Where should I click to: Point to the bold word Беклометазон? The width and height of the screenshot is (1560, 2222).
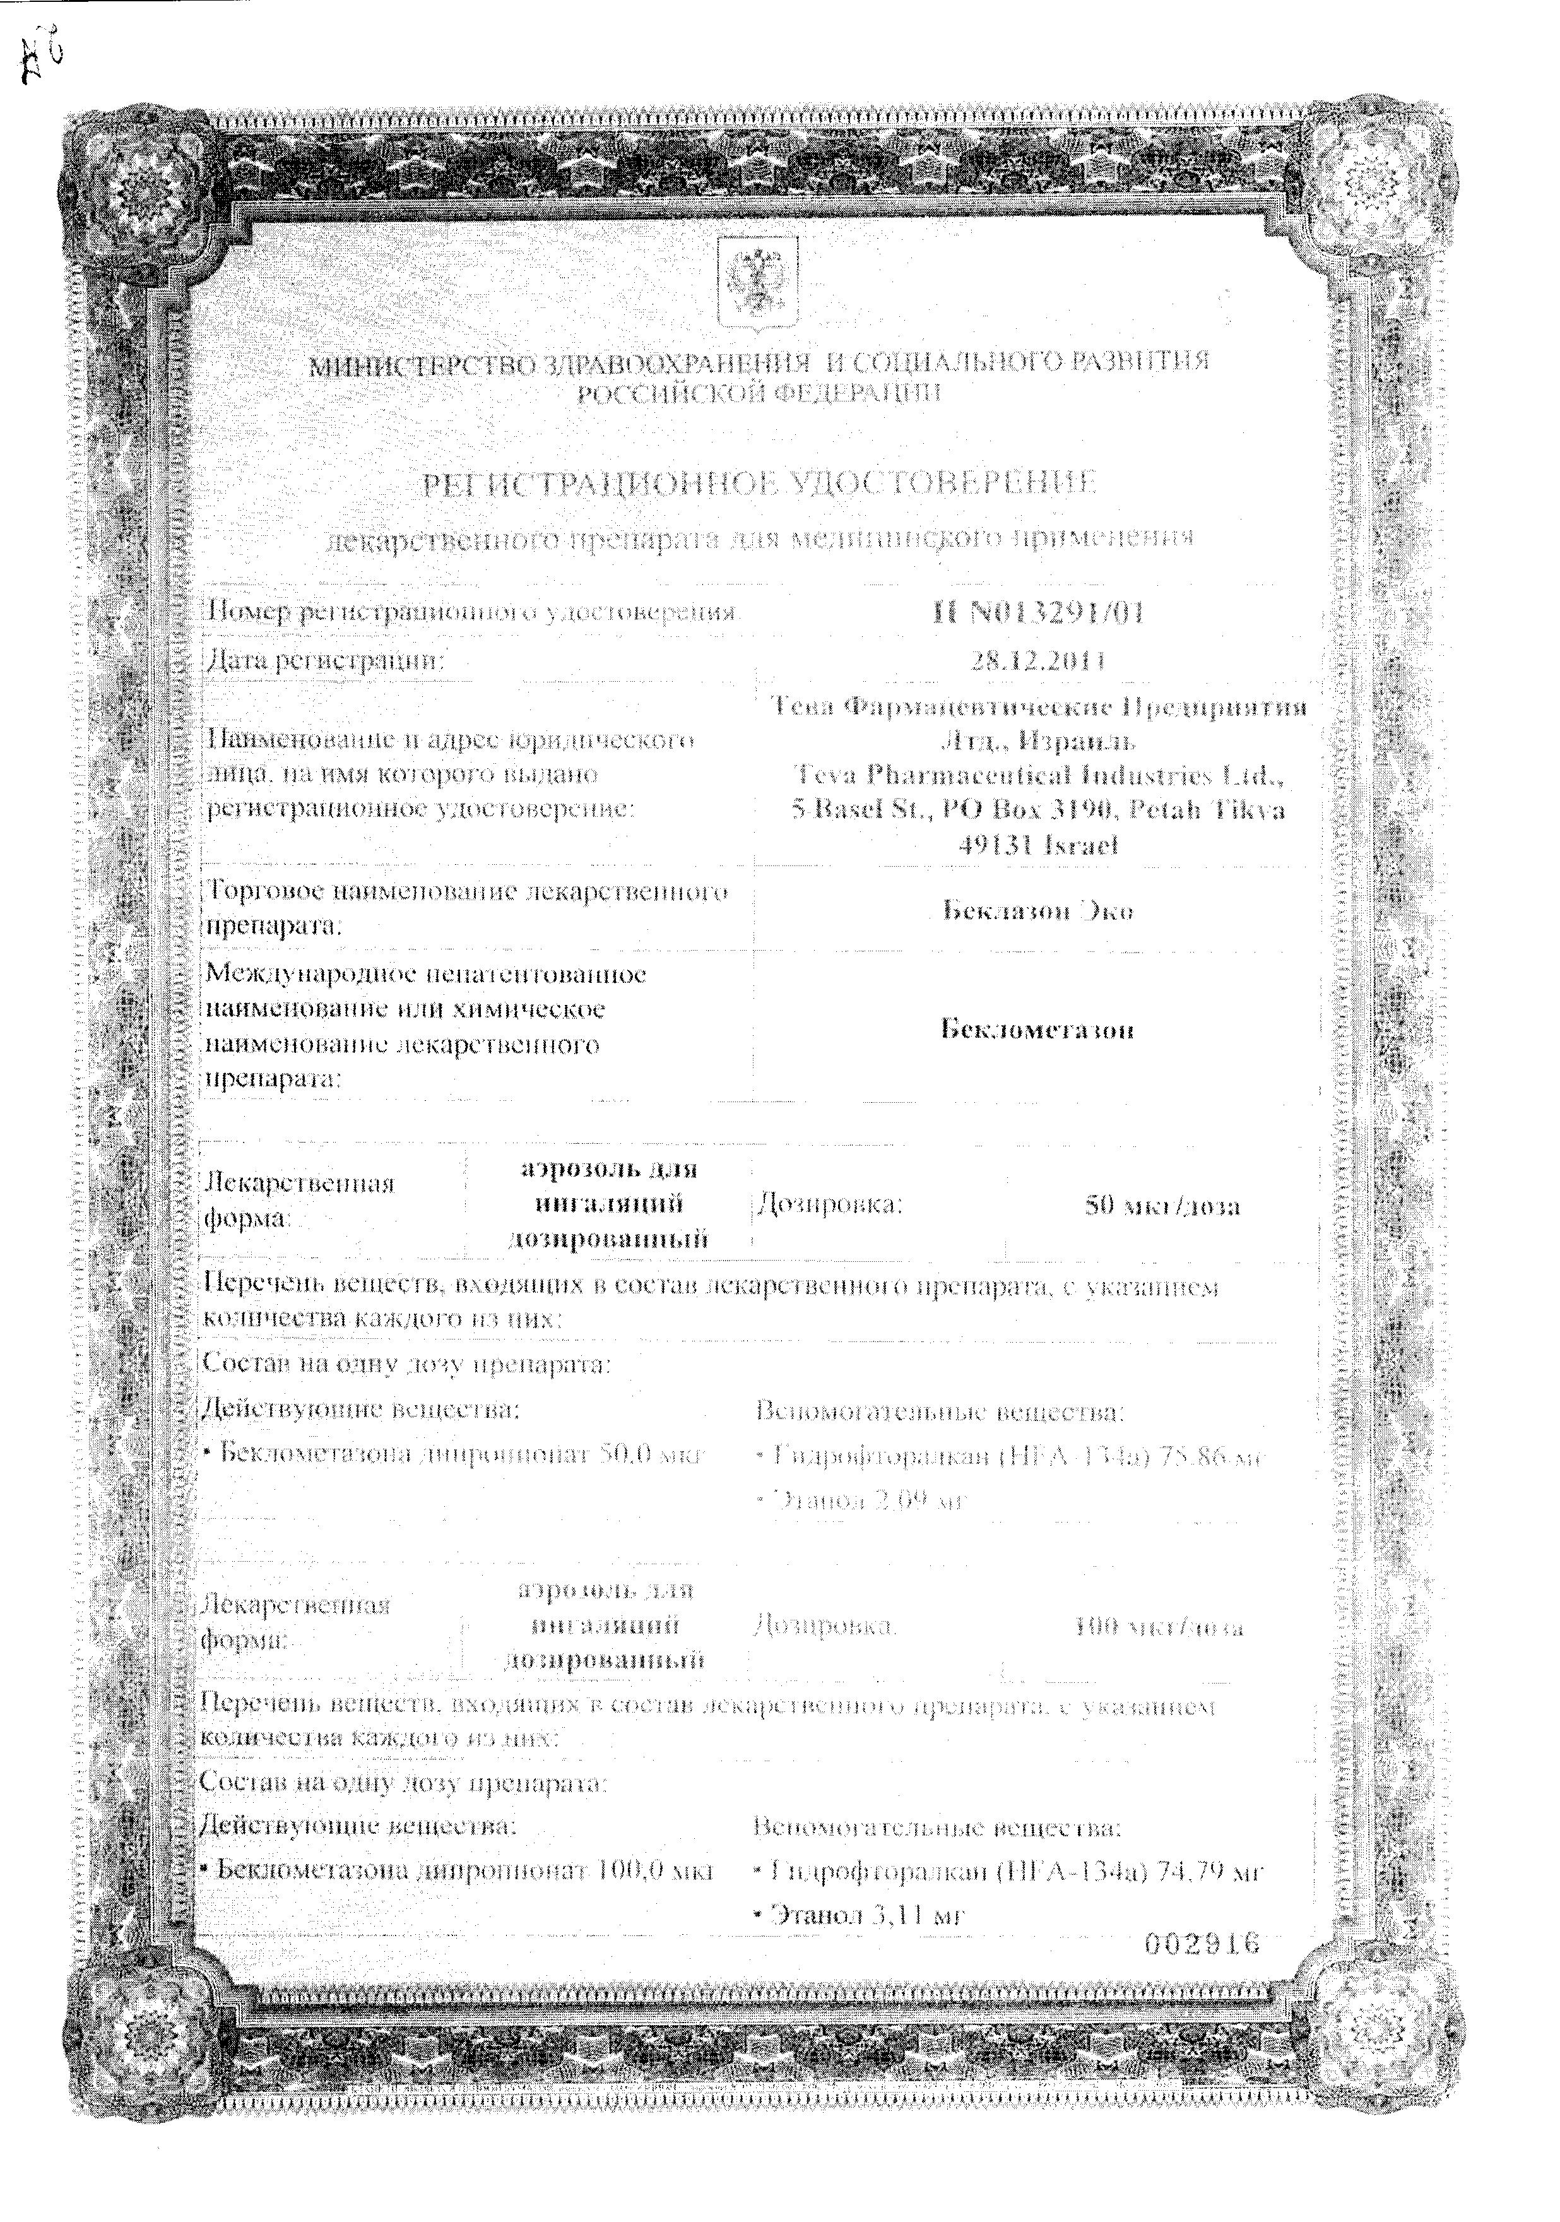[1036, 1029]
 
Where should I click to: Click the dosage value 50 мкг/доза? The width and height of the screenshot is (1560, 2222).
[1161, 1206]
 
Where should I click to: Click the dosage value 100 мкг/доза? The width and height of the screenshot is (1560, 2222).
[1159, 1627]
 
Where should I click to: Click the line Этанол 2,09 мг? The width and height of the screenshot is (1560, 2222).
[860, 1501]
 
